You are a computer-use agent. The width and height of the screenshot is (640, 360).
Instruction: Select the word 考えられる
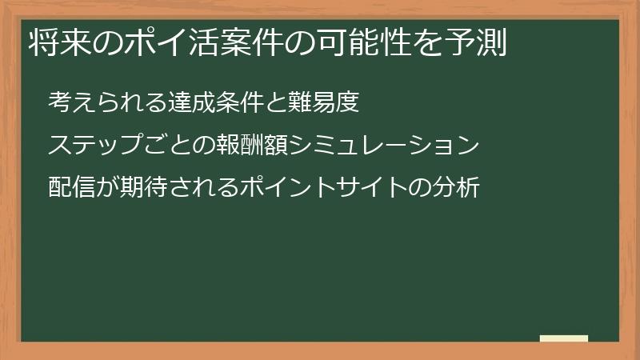(x=107, y=102)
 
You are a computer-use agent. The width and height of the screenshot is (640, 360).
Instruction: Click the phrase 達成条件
(x=215, y=102)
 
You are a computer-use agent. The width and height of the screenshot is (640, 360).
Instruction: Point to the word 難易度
(x=323, y=102)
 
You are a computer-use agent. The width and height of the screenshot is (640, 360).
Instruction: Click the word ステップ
(x=94, y=145)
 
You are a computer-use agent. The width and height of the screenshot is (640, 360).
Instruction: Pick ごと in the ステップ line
(x=166, y=145)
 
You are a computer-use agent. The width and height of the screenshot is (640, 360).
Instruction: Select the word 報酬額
(x=251, y=145)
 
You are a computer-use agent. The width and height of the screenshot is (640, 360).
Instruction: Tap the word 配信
(x=71, y=187)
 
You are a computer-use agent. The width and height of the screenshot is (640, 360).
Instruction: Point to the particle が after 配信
(x=107, y=187)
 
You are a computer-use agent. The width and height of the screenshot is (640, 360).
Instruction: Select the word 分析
(x=455, y=187)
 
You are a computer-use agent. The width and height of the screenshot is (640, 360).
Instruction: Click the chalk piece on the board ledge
(x=564, y=338)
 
